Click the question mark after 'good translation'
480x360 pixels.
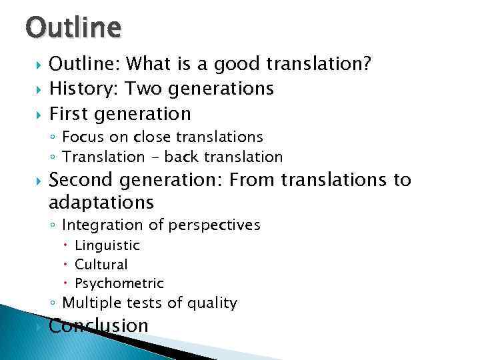click(x=367, y=64)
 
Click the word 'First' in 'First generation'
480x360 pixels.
click(x=70, y=113)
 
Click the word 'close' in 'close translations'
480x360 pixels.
click(x=151, y=137)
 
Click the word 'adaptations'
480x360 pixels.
click(x=101, y=202)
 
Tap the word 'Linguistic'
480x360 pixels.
click(x=107, y=246)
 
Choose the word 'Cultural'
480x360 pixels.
click(x=101, y=265)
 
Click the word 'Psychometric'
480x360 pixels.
click(x=119, y=283)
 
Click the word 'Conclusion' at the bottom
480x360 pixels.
click(x=99, y=326)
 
